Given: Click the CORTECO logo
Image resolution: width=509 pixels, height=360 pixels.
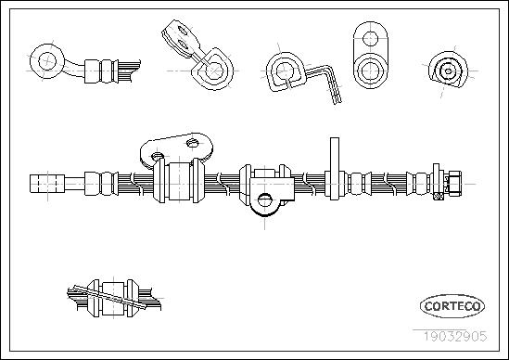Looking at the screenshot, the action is pyautogui.click(x=452, y=306).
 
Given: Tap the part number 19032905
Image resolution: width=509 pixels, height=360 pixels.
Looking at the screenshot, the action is pyautogui.click(x=454, y=336).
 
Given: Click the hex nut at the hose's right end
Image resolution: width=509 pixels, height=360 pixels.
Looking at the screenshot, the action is pyautogui.click(x=453, y=184).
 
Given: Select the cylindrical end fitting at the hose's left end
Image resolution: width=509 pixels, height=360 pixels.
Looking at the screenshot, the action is pyautogui.click(x=47, y=184).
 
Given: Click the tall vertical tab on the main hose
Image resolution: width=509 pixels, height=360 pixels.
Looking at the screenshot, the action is pyautogui.click(x=335, y=168).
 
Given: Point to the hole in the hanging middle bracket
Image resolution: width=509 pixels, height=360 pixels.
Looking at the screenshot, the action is pyautogui.click(x=265, y=200).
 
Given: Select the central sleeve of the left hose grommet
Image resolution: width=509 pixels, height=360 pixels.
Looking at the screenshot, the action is pyautogui.click(x=179, y=182).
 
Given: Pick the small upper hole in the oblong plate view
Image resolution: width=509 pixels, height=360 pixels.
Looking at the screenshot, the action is pyautogui.click(x=370, y=39).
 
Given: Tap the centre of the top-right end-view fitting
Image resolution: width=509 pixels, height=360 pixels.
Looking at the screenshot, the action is pyautogui.click(x=448, y=71).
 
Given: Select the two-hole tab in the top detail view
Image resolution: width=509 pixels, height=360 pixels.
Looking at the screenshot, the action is pyautogui.click(x=181, y=39).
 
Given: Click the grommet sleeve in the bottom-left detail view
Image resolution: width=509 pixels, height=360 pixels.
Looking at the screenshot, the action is pyautogui.click(x=113, y=298).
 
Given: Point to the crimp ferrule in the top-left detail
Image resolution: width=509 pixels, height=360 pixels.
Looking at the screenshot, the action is pyautogui.click(x=101, y=71).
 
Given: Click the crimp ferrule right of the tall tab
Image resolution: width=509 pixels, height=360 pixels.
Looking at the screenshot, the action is pyautogui.click(x=360, y=184).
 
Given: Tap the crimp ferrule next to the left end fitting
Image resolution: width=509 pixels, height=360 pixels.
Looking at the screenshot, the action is pyautogui.click(x=101, y=184).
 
